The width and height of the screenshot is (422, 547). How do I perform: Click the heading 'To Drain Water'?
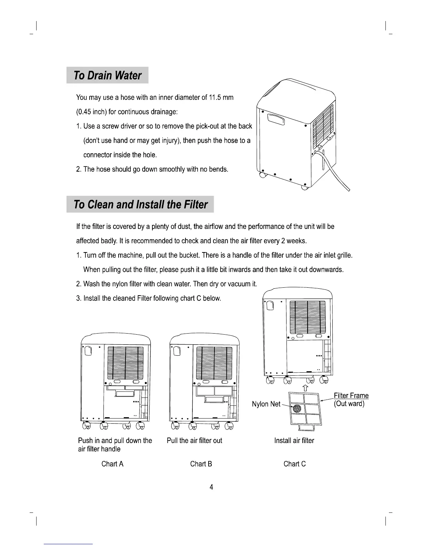tap(107, 75)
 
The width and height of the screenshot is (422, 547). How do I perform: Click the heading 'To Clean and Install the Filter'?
tap(140, 204)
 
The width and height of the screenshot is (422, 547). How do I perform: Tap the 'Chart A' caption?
tap(112, 464)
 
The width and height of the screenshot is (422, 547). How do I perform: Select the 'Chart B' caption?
tap(201, 464)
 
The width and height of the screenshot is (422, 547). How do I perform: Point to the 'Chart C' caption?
tap(294, 464)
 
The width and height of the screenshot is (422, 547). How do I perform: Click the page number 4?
tap(211, 487)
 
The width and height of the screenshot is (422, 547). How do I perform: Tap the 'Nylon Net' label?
tap(266, 404)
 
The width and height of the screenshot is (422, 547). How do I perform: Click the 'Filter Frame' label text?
tap(351, 396)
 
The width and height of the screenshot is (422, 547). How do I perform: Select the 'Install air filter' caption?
tap(294, 441)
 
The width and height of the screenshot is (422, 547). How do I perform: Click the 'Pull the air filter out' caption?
tap(194, 441)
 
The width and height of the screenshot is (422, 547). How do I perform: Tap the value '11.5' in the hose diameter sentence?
tap(215, 97)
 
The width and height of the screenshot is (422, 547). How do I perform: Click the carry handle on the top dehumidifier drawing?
tap(276, 119)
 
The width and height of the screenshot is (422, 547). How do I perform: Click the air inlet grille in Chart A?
tap(125, 363)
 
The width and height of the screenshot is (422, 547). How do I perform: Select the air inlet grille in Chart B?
tap(214, 363)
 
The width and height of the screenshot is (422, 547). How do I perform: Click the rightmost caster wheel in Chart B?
tap(229, 427)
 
